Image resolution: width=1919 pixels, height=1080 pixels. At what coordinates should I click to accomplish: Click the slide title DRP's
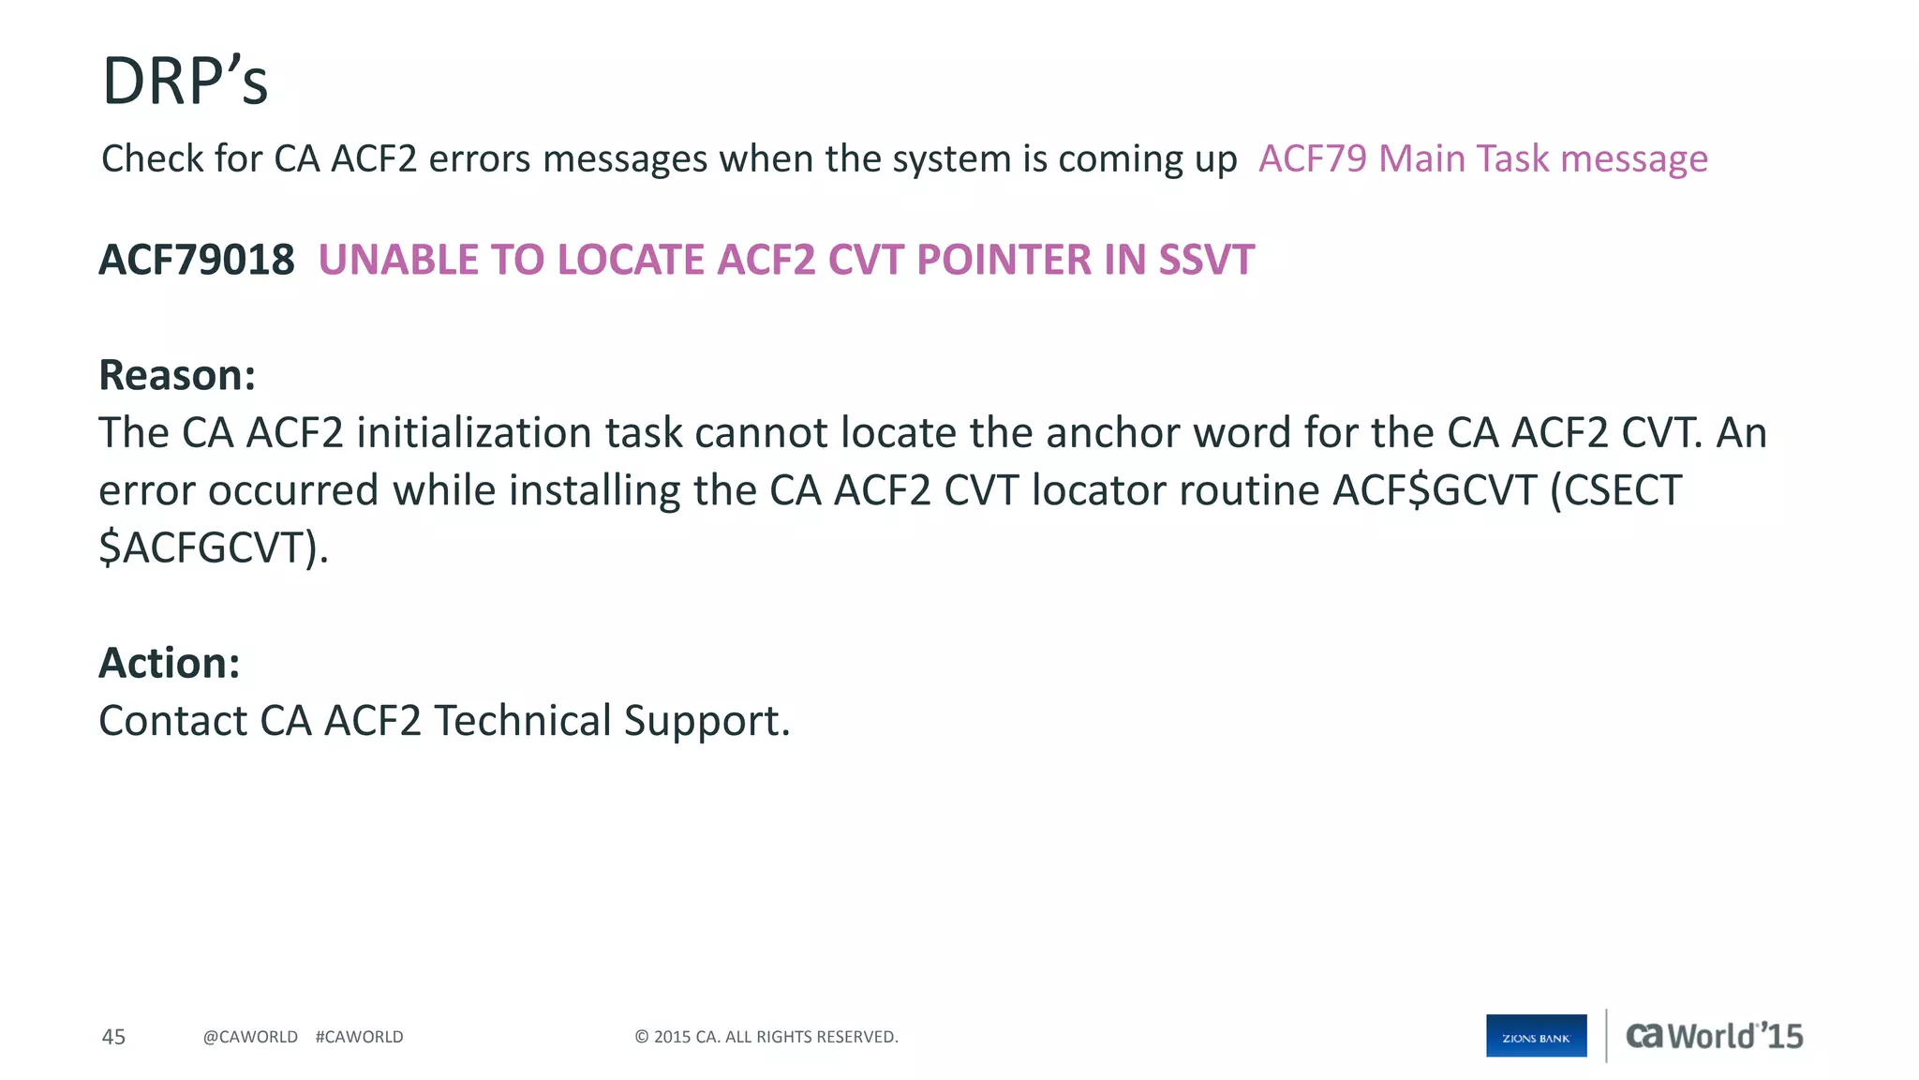pyautogui.click(x=185, y=82)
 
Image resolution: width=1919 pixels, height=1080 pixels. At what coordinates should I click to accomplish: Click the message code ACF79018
pyautogui.click(x=197, y=260)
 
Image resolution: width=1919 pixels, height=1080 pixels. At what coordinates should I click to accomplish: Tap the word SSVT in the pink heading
pyautogui.click(x=1206, y=260)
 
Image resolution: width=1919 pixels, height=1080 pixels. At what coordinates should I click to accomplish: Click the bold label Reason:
pyautogui.click(x=177, y=375)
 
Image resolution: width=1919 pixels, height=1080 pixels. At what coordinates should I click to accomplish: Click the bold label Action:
pyautogui.click(x=170, y=663)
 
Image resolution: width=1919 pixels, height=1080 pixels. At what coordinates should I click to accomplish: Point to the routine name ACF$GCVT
pyautogui.click(x=1435, y=490)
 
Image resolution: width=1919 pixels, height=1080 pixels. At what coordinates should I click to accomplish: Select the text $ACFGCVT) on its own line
pyautogui.click(x=214, y=547)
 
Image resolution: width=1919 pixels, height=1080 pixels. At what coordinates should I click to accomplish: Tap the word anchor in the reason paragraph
pyautogui.click(x=1099, y=433)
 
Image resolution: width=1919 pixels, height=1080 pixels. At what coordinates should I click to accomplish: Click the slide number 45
pyautogui.click(x=113, y=1037)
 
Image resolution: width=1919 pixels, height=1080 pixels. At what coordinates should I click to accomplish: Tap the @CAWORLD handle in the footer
pyautogui.click(x=250, y=1037)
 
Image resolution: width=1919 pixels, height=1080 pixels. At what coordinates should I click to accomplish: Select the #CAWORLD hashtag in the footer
pyautogui.click(x=359, y=1037)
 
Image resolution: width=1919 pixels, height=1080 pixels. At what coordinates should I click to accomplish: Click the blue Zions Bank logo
pyautogui.click(x=1536, y=1036)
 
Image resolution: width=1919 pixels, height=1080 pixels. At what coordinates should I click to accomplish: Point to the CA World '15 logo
pyautogui.click(x=1714, y=1036)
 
